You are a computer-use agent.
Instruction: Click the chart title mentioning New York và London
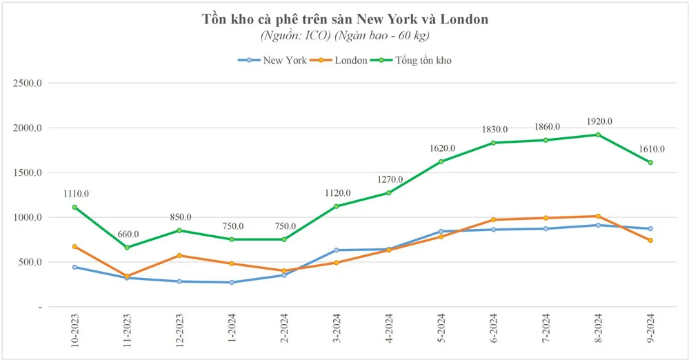pyautogui.click(x=345, y=19)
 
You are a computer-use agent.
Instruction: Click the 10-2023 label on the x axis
pyautogui.click(x=74, y=331)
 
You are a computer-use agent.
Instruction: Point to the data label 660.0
pyautogui.click(x=127, y=234)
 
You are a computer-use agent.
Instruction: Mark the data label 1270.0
pyautogui.click(x=388, y=179)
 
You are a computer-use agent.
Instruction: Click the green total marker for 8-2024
pyautogui.click(x=598, y=134)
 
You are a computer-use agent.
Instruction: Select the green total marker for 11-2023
pyautogui.click(x=127, y=247)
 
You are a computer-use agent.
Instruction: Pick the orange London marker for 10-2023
pyautogui.click(x=74, y=246)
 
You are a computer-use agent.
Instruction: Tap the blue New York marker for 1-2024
pyautogui.click(x=232, y=282)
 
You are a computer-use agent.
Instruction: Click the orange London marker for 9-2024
pyautogui.click(x=650, y=240)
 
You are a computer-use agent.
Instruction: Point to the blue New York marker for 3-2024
pyautogui.click(x=337, y=250)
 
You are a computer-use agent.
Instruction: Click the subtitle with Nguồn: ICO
pyautogui.click(x=345, y=34)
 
